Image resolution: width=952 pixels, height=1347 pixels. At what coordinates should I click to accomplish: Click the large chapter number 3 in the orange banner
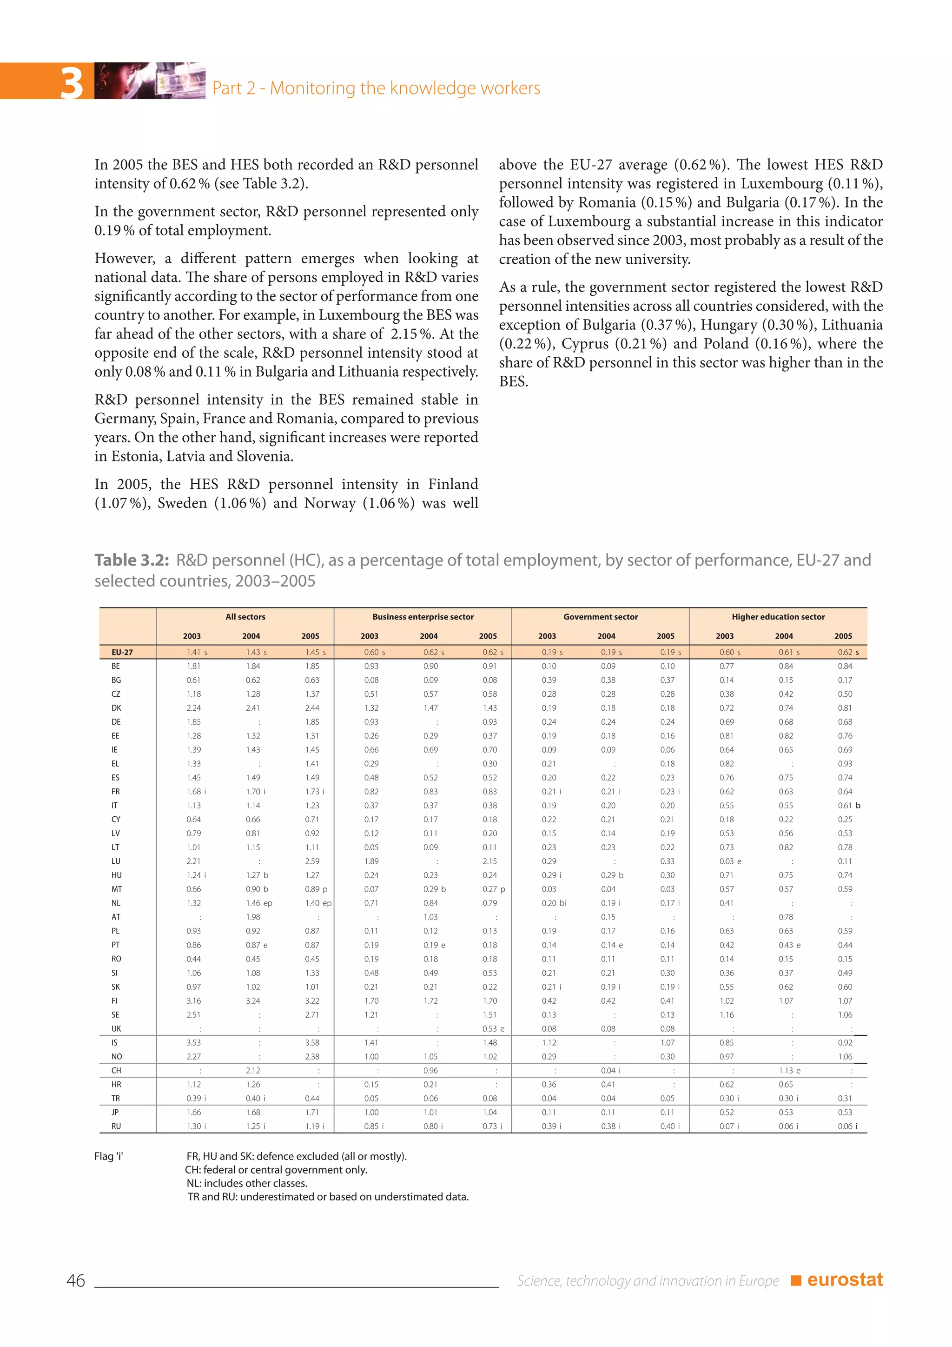click(72, 83)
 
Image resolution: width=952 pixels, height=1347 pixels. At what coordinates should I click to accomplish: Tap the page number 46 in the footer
click(76, 1280)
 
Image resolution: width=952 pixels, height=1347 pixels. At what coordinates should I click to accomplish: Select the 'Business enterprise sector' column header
click(423, 617)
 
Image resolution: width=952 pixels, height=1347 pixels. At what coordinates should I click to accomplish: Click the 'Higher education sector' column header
click(777, 617)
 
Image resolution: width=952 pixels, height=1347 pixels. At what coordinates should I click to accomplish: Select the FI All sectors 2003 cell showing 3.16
click(193, 1001)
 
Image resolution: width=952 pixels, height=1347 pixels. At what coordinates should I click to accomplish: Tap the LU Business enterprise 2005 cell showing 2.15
click(489, 861)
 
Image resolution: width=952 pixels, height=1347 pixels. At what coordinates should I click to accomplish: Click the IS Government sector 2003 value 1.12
click(549, 1042)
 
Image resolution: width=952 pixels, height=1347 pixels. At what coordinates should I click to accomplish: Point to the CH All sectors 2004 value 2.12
click(253, 1071)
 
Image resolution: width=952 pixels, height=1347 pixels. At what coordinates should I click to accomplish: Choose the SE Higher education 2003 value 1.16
click(726, 1014)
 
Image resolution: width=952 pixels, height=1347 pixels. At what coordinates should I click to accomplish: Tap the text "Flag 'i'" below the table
click(108, 1156)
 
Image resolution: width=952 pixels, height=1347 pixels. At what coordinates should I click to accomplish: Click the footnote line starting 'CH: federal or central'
click(276, 1170)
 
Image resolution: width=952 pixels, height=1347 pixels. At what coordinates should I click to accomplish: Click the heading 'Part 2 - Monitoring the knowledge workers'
click(376, 88)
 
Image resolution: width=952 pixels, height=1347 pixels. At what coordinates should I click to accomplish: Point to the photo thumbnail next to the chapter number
click(150, 81)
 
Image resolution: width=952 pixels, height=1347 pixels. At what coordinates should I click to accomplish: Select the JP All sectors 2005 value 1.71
click(312, 1112)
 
